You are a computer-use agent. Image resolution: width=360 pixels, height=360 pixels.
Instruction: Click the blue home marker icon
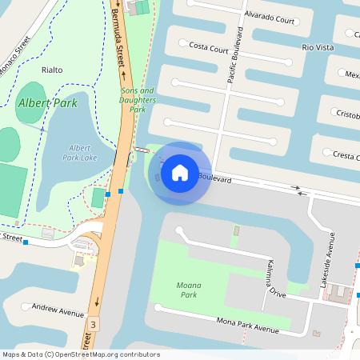[x=180, y=173]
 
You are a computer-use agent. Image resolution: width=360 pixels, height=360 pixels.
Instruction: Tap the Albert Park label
[x=49, y=104]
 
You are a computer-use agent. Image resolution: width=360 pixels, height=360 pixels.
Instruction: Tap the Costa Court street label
[x=209, y=47]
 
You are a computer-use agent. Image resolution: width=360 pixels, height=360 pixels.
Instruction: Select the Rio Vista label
[x=318, y=47]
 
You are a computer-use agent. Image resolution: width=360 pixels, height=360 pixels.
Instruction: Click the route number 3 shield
[x=94, y=324]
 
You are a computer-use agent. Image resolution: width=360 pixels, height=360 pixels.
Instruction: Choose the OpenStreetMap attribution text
[x=81, y=354]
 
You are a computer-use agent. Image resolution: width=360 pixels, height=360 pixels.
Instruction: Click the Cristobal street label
[x=348, y=114]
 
